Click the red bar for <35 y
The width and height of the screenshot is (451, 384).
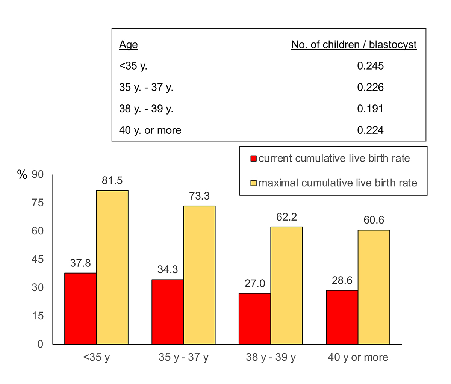(x=80, y=308)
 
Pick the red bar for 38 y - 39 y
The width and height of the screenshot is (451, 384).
(x=255, y=319)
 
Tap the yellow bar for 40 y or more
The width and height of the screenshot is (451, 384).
(x=374, y=287)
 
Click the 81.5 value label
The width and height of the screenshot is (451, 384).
(x=112, y=181)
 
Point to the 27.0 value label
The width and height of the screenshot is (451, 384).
(x=255, y=283)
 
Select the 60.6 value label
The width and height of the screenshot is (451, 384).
(x=374, y=220)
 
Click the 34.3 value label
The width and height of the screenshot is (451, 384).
(x=168, y=269)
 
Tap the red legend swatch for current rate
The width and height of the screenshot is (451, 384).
(x=254, y=159)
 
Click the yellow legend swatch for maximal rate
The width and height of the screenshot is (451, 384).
(x=254, y=183)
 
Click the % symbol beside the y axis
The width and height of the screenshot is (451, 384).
(x=22, y=175)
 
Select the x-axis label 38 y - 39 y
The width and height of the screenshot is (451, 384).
(x=271, y=357)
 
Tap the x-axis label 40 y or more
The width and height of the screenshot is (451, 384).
(x=358, y=357)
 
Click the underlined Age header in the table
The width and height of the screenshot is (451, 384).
(x=129, y=45)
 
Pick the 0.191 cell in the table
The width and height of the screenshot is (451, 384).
(x=370, y=109)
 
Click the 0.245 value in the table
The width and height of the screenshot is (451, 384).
(x=370, y=66)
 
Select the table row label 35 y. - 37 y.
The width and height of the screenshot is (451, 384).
(x=146, y=88)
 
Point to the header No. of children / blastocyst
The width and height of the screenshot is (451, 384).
(x=354, y=45)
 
